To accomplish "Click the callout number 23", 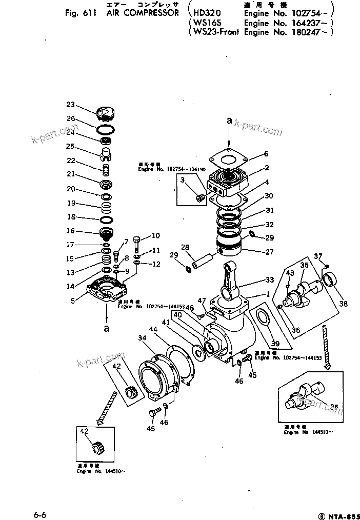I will [70, 105].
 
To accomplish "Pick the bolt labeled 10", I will [137, 241].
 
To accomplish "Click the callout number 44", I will [153, 329].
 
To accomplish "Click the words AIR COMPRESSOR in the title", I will [143, 13].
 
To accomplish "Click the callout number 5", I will [73, 301].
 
